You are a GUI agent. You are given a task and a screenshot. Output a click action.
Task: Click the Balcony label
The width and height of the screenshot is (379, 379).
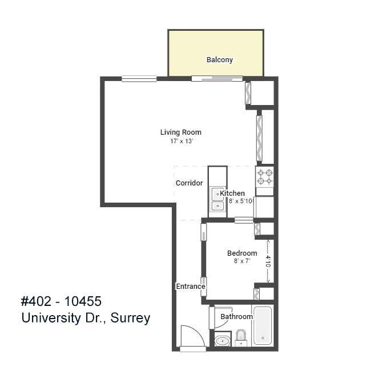(219, 60)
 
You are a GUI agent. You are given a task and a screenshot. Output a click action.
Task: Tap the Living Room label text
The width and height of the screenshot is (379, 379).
(180, 132)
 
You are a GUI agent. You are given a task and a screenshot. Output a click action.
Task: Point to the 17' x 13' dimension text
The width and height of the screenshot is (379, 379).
(180, 141)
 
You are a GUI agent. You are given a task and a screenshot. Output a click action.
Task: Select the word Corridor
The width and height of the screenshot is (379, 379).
(189, 183)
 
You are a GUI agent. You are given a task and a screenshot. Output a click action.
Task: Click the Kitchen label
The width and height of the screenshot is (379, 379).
(233, 193)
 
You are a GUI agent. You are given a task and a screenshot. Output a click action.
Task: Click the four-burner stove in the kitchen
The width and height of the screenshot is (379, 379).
(264, 177)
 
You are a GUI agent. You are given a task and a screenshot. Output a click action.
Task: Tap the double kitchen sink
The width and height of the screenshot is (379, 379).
(217, 200)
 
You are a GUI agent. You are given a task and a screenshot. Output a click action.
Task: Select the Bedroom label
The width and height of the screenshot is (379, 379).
(241, 253)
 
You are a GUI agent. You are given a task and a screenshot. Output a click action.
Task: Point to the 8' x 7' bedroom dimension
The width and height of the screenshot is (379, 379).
(241, 261)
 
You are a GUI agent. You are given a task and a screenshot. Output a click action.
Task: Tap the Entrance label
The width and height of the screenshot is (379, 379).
(190, 287)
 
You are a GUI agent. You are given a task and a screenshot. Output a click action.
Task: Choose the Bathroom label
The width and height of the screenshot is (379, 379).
(236, 317)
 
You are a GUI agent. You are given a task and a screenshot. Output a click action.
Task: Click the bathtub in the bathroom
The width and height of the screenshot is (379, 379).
(263, 326)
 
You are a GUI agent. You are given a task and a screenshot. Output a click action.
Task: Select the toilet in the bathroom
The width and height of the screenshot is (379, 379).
(241, 338)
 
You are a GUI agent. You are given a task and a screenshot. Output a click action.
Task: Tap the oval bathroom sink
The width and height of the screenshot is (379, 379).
(222, 341)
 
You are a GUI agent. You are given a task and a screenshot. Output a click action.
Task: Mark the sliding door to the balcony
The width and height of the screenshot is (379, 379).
(217, 78)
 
